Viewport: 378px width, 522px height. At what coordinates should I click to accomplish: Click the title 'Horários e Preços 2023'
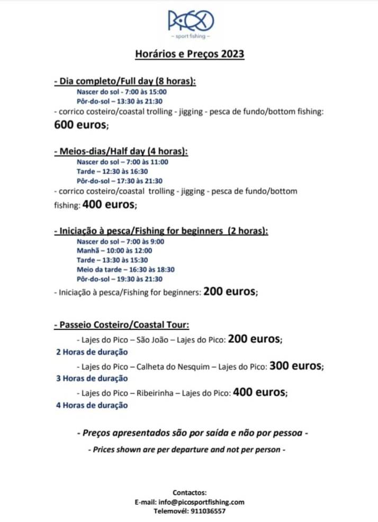tap(189, 54)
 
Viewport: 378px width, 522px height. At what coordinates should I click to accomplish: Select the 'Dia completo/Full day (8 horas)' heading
tap(125, 81)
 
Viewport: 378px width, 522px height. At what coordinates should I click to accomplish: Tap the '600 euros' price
tap(80, 125)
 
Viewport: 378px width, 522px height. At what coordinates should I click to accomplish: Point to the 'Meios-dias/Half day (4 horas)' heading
tap(121, 152)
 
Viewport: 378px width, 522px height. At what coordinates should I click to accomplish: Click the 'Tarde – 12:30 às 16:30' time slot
tap(112, 171)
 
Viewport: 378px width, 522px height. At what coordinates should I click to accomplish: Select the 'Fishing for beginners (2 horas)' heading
tap(161, 231)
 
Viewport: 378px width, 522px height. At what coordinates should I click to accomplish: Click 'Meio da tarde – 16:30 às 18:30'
tap(125, 270)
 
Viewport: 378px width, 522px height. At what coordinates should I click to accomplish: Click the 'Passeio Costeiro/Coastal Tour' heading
tap(122, 325)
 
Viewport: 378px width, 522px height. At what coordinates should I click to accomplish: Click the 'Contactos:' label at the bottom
tap(189, 492)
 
